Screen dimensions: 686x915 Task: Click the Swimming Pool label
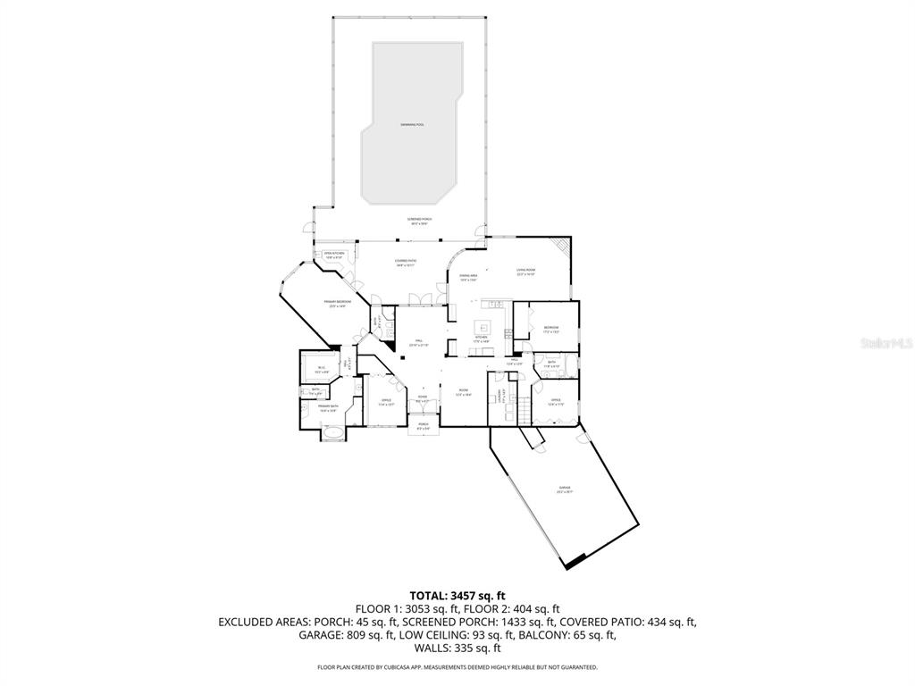tap(413, 124)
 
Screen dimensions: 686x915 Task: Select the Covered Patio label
tap(407, 262)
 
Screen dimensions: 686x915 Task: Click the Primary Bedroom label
tap(337, 303)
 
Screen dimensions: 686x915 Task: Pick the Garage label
tap(565, 488)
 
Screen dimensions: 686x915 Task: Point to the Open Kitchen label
tap(334, 255)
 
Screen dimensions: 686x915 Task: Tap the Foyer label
tap(423, 397)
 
